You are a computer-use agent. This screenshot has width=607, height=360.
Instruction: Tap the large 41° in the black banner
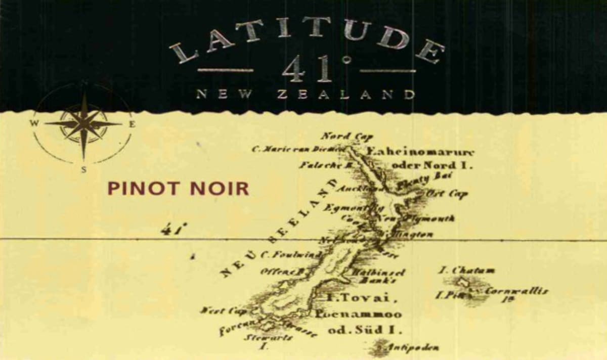pyautogui.click(x=308, y=69)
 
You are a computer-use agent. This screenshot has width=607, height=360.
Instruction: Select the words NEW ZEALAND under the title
pyautogui.click(x=306, y=94)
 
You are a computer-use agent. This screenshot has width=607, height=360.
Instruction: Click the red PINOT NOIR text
pyautogui.click(x=178, y=189)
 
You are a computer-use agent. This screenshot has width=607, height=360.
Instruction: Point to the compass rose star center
pyautogui.click(x=83, y=123)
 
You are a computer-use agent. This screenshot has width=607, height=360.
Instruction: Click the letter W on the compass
pyautogui.click(x=35, y=123)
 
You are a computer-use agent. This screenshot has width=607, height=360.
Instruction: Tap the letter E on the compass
pyautogui.click(x=132, y=124)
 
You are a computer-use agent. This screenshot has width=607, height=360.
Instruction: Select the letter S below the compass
pyautogui.click(x=83, y=170)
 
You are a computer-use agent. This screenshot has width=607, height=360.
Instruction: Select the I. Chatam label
pyautogui.click(x=466, y=271)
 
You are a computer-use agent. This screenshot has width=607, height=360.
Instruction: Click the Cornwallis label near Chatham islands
pyautogui.click(x=516, y=291)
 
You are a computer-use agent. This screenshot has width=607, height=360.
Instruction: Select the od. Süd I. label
pyautogui.click(x=365, y=331)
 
